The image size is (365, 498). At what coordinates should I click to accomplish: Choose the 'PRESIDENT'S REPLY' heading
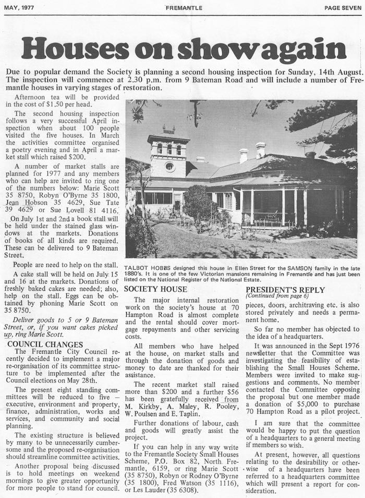(285, 290)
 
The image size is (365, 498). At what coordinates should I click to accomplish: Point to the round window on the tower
(169, 167)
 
